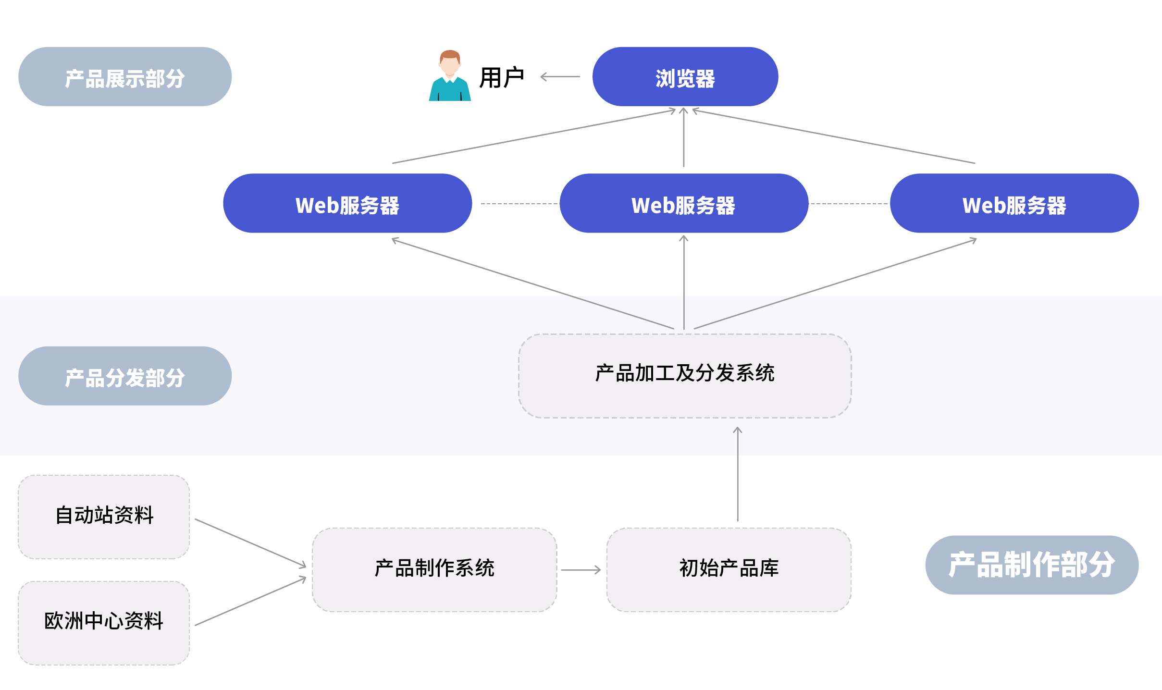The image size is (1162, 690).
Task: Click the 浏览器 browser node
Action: click(x=685, y=77)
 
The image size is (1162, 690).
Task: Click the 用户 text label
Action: click(x=501, y=77)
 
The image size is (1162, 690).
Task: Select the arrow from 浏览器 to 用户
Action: click(x=560, y=76)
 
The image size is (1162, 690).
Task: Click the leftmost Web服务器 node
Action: click(x=347, y=204)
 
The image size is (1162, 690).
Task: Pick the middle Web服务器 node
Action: click(x=683, y=204)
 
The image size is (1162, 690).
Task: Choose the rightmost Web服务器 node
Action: click(x=1014, y=204)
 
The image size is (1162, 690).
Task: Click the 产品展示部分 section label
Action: click(x=125, y=77)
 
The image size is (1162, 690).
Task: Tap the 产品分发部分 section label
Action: click(x=125, y=376)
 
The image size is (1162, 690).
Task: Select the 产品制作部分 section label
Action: click(x=1031, y=565)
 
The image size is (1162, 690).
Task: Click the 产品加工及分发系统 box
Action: click(x=684, y=376)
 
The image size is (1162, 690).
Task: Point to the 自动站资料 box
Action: click(x=104, y=517)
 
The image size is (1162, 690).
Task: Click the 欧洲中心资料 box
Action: click(x=104, y=623)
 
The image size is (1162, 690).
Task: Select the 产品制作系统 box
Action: click(x=434, y=570)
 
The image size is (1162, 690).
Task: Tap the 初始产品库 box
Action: click(x=729, y=570)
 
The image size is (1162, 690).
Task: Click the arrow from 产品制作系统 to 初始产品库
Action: click(x=581, y=570)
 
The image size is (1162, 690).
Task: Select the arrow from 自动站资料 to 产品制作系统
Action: click(x=250, y=542)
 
